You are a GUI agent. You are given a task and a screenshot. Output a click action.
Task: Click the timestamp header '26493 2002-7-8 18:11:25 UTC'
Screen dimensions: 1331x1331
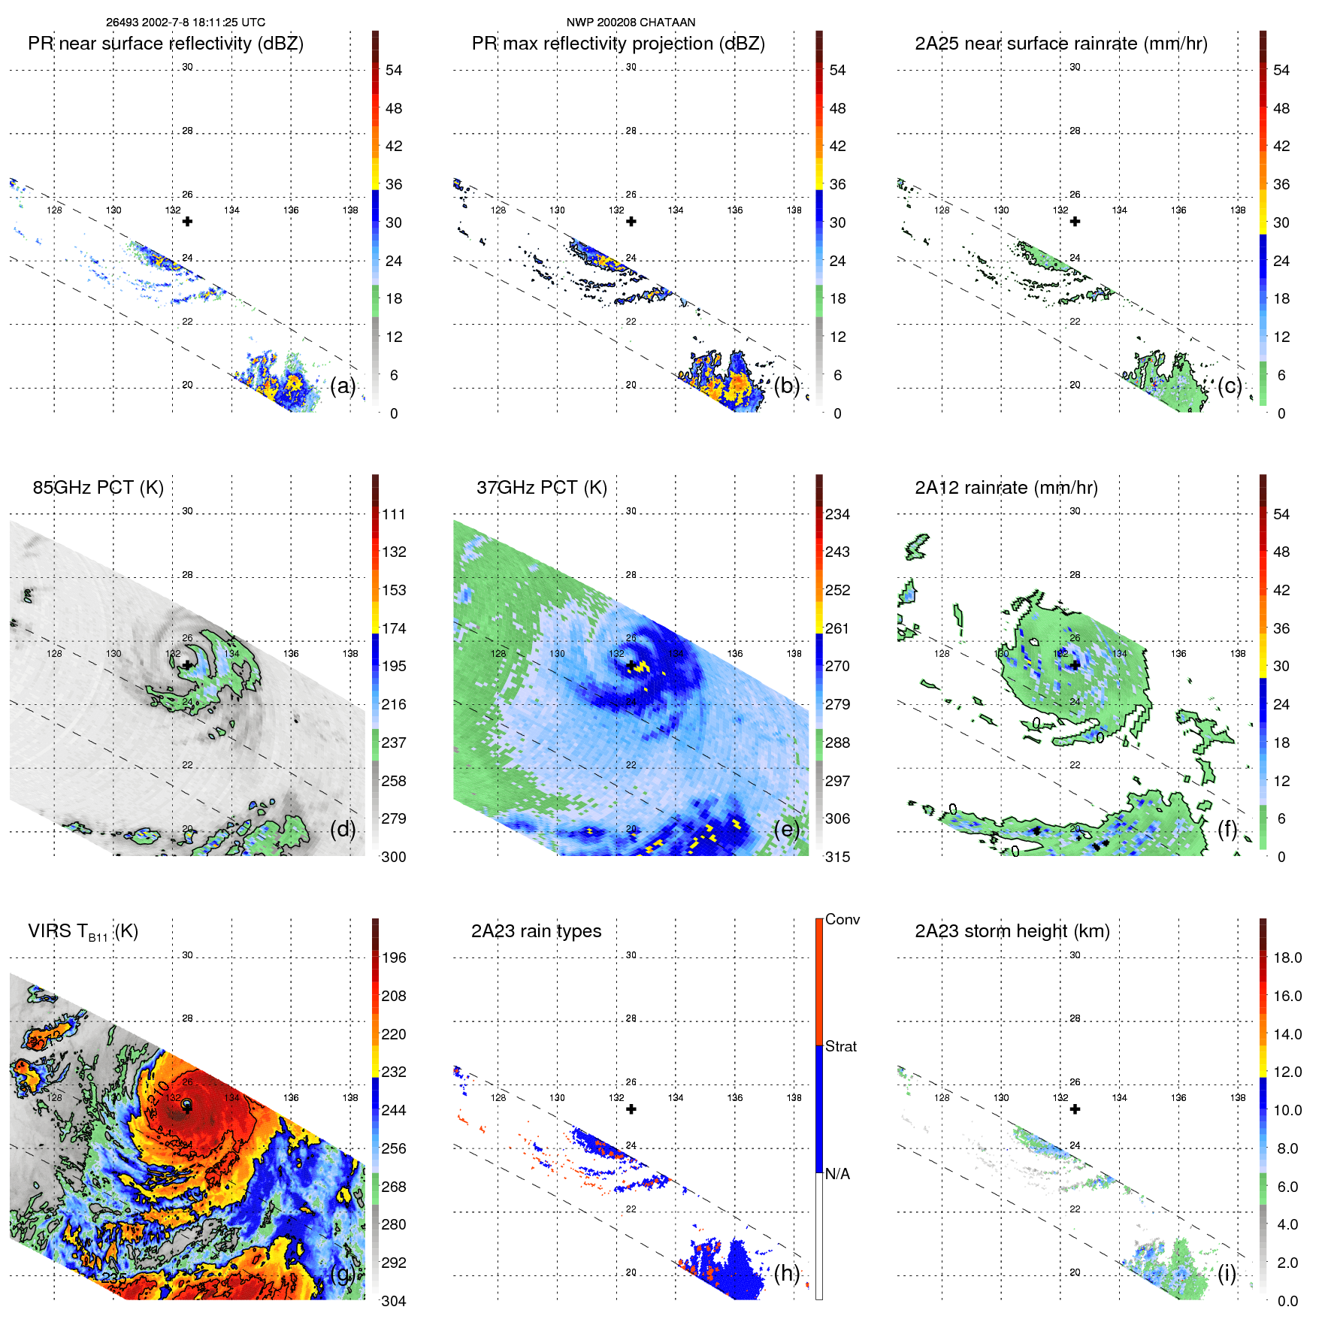[185, 23]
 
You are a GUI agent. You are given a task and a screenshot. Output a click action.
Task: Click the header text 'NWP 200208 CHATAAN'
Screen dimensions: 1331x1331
[631, 23]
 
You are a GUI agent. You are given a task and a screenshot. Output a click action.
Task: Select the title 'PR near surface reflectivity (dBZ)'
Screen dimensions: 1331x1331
[165, 44]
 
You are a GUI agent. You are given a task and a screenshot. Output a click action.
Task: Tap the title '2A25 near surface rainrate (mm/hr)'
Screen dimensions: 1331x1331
[1060, 44]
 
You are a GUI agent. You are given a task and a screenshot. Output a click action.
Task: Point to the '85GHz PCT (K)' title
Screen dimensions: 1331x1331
[98, 488]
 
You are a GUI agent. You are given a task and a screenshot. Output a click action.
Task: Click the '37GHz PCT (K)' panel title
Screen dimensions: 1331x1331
[541, 488]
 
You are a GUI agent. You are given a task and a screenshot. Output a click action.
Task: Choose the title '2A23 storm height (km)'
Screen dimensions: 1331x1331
[1012, 931]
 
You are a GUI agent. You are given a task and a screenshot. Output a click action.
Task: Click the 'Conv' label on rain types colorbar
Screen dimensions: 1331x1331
[842, 919]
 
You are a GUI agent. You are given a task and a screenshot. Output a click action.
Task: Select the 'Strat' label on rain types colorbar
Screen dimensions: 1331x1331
[840, 1046]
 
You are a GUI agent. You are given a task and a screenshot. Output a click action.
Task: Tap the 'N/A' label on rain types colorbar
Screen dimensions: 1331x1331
[837, 1174]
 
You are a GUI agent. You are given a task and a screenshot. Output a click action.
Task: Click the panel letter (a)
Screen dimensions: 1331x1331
[343, 386]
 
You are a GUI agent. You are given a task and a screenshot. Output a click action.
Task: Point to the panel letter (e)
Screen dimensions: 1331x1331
[787, 829]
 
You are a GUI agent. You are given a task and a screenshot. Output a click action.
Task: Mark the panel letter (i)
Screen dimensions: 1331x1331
[1227, 1273]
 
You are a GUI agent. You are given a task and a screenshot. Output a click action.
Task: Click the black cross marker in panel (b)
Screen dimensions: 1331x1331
[631, 222]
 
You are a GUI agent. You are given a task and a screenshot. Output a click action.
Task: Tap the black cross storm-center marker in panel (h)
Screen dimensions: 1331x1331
[631, 1109]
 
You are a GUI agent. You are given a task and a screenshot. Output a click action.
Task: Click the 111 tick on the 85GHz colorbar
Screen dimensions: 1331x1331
[393, 514]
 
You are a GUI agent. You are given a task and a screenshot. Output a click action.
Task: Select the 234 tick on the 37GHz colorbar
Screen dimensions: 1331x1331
[837, 514]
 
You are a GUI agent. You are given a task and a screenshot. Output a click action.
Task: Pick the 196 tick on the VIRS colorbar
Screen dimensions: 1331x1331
[393, 957]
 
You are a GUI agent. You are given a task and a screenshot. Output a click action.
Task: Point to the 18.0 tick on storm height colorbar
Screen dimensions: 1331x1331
[1287, 957]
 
